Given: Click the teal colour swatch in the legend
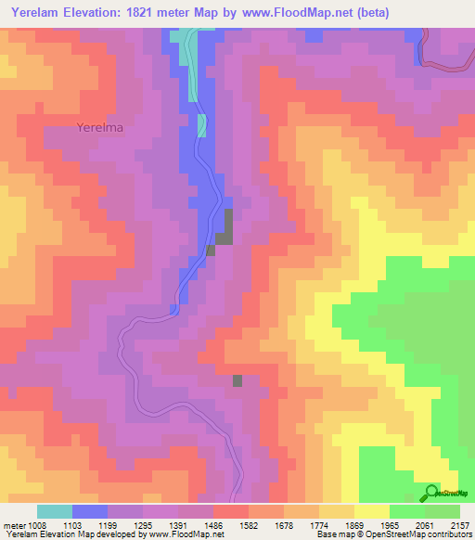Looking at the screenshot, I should coord(55,511).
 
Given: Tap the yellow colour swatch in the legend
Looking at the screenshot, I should coord(371,511).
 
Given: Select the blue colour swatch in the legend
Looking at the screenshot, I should coord(90,511).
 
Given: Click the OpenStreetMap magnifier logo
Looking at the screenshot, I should coord(431,492).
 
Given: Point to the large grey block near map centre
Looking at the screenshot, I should coord(225,227).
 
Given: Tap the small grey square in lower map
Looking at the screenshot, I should coord(237,380).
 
